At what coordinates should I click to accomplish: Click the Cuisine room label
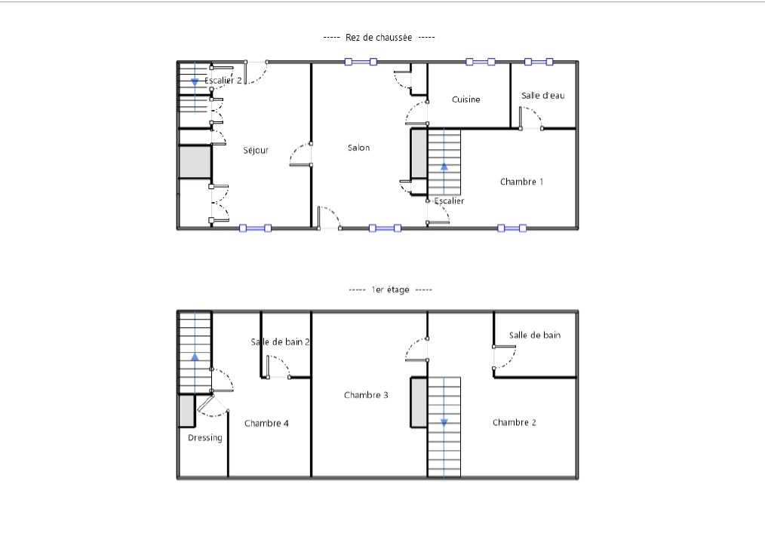coord(466,99)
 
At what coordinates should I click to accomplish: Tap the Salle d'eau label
coord(542,96)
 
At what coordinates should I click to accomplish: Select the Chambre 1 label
coord(521,182)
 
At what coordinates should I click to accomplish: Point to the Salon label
coord(358,148)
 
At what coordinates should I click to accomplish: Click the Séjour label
coord(256,151)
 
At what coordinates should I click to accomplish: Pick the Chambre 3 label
coord(366,395)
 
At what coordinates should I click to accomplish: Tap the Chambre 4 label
coord(266,423)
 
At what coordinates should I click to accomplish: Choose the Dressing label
coord(205,438)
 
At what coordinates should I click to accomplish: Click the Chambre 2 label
coord(515,422)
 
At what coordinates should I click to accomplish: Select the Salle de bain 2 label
coord(280,341)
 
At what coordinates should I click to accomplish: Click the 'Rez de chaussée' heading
coord(379,38)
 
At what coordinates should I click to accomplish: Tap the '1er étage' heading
coord(390,289)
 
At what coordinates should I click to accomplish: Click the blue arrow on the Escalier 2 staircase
coord(195,82)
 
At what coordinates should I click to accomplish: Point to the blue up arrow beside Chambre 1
coord(444,167)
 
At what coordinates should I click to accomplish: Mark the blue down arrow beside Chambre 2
coord(444,423)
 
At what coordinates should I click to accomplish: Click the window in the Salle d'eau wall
coord(539,62)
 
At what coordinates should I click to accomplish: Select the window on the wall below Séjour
coord(255,228)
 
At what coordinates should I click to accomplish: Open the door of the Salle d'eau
coord(531,118)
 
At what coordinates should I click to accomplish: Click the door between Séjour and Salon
coord(300,155)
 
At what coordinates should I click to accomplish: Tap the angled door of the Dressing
coord(213,405)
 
